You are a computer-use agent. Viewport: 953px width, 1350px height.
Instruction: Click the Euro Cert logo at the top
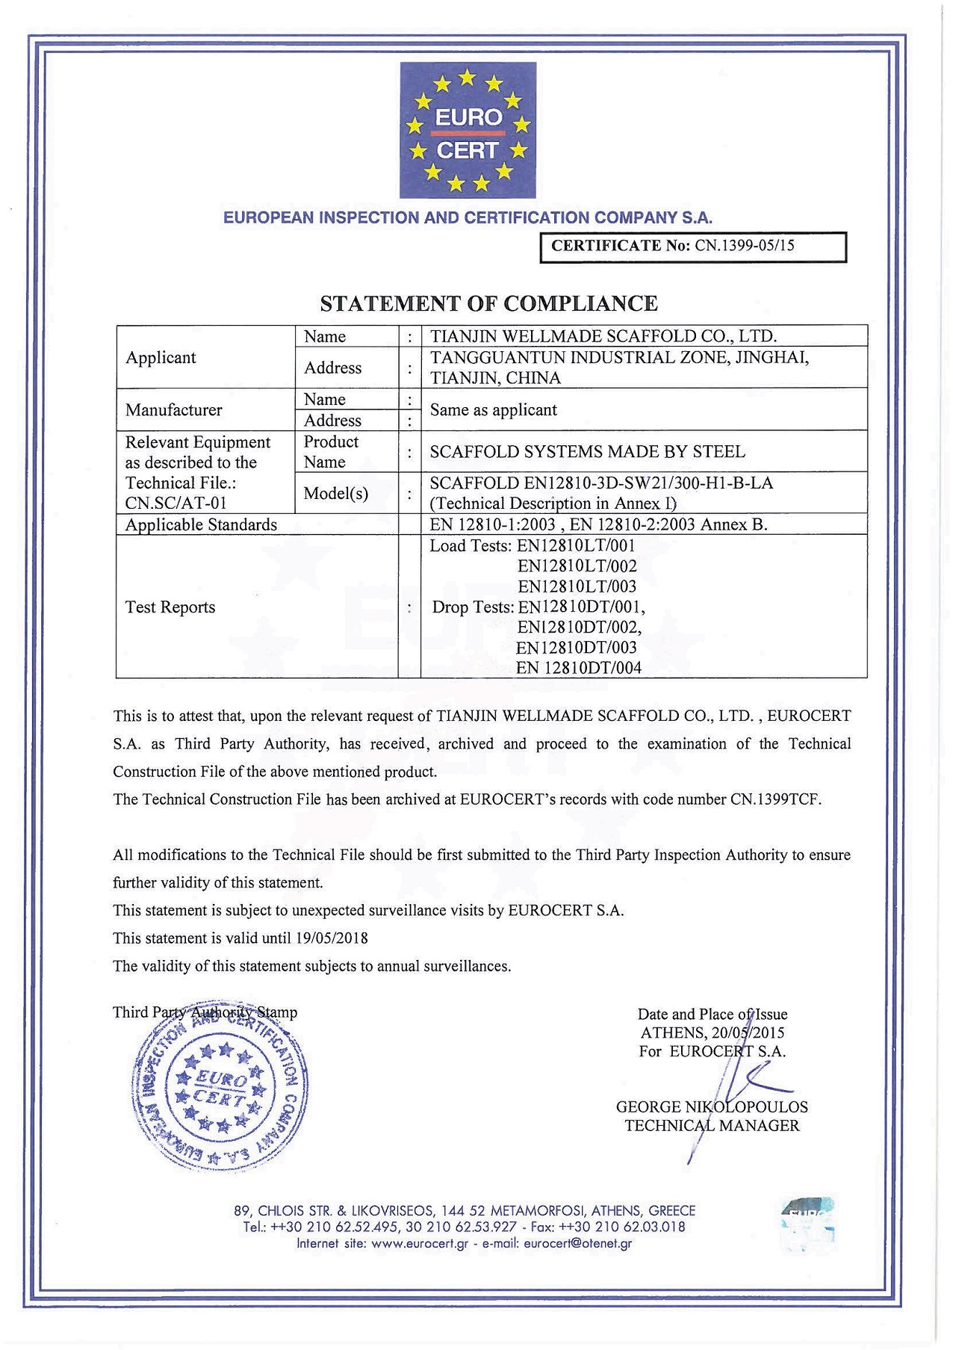pyautogui.click(x=468, y=130)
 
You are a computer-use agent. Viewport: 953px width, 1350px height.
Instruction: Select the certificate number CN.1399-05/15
pyautogui.click(x=744, y=246)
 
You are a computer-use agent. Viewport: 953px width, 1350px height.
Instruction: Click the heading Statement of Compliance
pyautogui.click(x=488, y=303)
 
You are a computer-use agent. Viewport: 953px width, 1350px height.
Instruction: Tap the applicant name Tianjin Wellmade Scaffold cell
pyautogui.click(x=603, y=336)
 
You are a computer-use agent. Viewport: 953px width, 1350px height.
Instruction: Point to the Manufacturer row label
pyautogui.click(x=174, y=409)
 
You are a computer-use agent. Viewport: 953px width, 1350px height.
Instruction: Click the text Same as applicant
pyautogui.click(x=494, y=409)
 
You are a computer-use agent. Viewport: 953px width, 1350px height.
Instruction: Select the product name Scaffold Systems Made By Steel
pyautogui.click(x=587, y=451)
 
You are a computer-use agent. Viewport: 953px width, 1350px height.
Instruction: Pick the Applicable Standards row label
pyautogui.click(x=201, y=524)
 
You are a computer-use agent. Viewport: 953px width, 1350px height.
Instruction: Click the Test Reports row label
pyautogui.click(x=170, y=607)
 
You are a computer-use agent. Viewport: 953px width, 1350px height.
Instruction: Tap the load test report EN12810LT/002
pyautogui.click(x=577, y=566)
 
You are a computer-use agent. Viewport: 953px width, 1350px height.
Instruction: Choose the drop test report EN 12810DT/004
pyautogui.click(x=579, y=668)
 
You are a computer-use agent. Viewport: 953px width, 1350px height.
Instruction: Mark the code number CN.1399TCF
pyautogui.click(x=774, y=799)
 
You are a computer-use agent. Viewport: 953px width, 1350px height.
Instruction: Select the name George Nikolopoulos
pyautogui.click(x=712, y=1106)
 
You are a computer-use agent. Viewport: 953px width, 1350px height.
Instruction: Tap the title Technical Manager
pyautogui.click(x=712, y=1125)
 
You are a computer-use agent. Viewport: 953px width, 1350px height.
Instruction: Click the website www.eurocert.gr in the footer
pyautogui.click(x=419, y=1244)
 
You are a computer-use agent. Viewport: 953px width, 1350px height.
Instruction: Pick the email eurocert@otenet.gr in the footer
pyautogui.click(x=577, y=1244)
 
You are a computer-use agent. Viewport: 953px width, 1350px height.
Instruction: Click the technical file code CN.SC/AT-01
pyautogui.click(x=176, y=503)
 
